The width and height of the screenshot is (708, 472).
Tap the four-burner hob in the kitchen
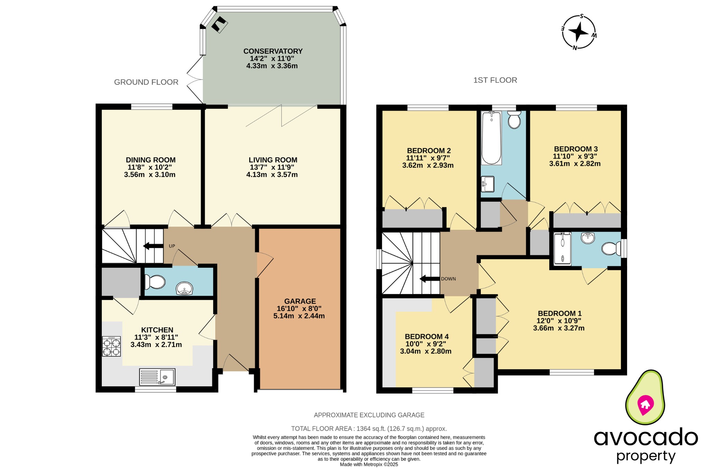click(111, 346)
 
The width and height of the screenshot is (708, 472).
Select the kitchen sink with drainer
click(157, 377)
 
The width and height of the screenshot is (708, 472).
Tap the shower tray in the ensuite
click(562, 249)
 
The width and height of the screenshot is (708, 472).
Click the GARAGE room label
click(300, 301)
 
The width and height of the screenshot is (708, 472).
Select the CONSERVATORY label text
click(273, 51)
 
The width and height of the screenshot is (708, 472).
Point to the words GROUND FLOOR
click(146, 82)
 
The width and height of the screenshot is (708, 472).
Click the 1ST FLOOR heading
click(495, 80)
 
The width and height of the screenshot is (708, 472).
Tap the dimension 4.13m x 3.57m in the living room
click(272, 175)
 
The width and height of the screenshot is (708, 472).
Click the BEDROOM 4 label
click(427, 337)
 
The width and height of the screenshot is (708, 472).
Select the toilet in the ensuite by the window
click(611, 248)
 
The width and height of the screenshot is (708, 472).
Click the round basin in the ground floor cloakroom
click(184, 289)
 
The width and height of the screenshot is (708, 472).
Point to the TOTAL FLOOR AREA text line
click(369, 429)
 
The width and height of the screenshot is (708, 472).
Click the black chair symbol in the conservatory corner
click(219, 25)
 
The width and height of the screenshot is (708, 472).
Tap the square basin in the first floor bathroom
click(487, 184)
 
